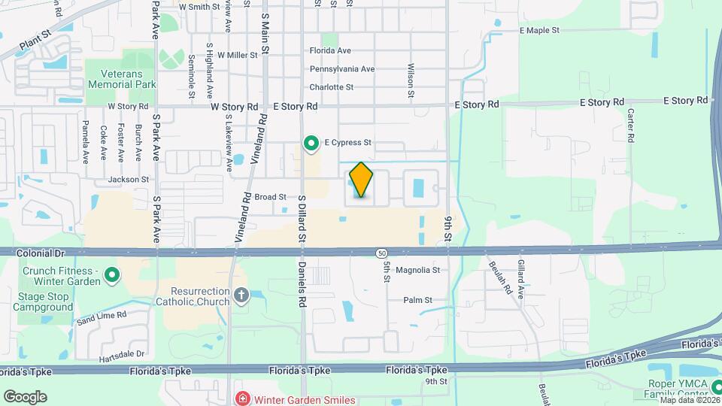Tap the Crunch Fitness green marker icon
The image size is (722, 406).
point(112,276)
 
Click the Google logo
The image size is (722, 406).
point(25,396)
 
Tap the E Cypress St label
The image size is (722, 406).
point(348,141)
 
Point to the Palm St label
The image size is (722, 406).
point(417,300)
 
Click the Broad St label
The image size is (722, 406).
point(270,197)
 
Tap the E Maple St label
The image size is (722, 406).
point(540,31)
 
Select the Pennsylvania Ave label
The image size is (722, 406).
point(342,69)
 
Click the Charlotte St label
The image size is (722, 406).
point(332,87)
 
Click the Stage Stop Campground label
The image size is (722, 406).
point(43,301)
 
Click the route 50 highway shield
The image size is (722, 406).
point(383,252)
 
